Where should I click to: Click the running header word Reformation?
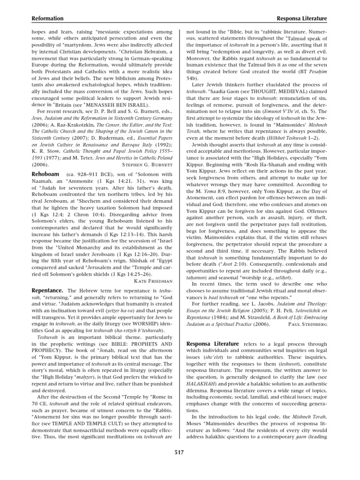pyautogui.click(x=47, y=18)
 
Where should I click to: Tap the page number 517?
pyautogui.click(x=180, y=452)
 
